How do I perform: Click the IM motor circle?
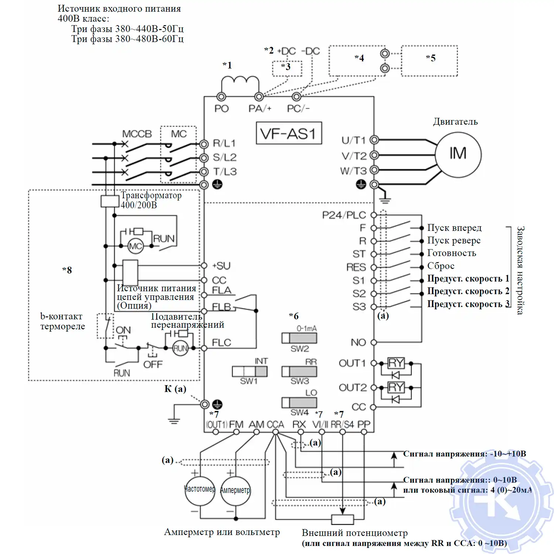point(458,154)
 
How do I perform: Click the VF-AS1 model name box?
point(289,133)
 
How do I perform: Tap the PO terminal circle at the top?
point(221,97)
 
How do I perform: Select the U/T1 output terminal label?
point(353,140)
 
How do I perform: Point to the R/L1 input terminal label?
point(224,143)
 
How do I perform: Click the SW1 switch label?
point(249,381)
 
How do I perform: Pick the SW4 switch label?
point(300,412)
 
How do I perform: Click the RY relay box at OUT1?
point(396,363)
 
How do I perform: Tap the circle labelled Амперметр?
point(235,490)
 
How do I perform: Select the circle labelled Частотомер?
point(200,490)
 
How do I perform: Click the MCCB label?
point(137,134)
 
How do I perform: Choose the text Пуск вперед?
point(454,228)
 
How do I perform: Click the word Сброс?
point(441,266)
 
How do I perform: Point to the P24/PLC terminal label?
point(344,215)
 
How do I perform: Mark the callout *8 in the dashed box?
point(67,270)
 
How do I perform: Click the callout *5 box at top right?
point(430,61)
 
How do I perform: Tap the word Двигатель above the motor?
point(455,122)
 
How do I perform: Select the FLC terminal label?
point(221,343)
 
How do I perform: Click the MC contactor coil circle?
point(136,246)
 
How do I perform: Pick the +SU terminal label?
point(221,266)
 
